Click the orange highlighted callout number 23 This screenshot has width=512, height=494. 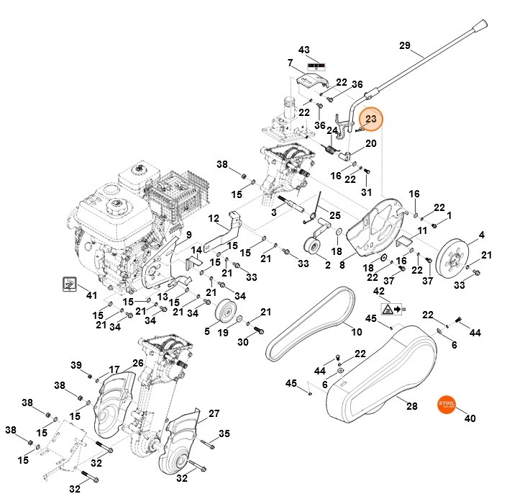pos(371,119)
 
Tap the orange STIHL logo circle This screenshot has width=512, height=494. pos(447,405)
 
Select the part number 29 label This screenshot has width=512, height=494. pos(406,46)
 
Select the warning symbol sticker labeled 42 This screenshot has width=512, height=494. pos(390,310)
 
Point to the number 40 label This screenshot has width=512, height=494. pos(470,418)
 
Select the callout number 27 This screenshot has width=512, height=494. pos(214,413)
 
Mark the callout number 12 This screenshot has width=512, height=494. pos(214,218)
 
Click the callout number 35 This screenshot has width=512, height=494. pos(224,434)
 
